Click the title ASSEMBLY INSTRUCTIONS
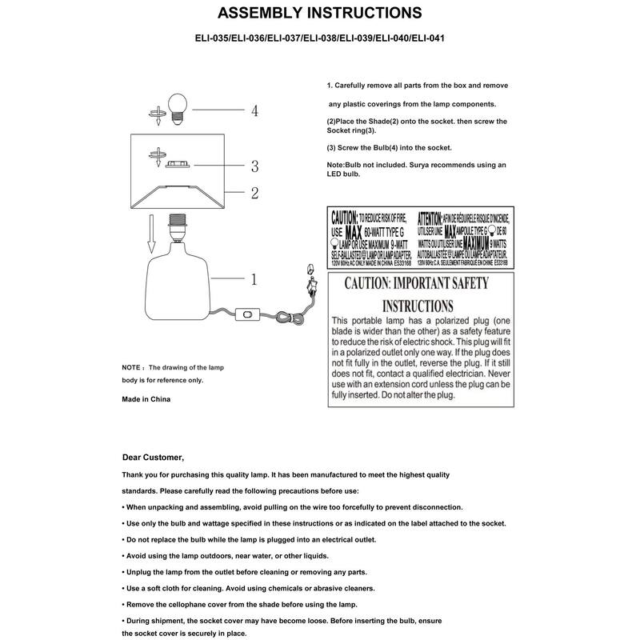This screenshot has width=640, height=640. pyautogui.click(x=320, y=14)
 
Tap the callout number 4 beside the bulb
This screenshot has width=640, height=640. pyautogui.click(x=254, y=111)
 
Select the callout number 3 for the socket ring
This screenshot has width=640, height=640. pyautogui.click(x=254, y=166)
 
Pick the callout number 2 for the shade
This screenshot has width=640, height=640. pyautogui.click(x=254, y=193)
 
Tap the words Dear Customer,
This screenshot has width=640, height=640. pyautogui.click(x=153, y=458)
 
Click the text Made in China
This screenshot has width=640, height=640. pyautogui.click(x=146, y=398)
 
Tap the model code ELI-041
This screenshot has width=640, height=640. pyautogui.click(x=425, y=37)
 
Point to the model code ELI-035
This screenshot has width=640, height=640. pyautogui.click(x=214, y=37)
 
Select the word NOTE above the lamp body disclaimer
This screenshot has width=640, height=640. pyautogui.click(x=131, y=366)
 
